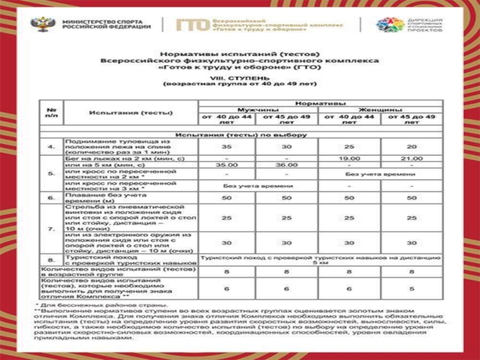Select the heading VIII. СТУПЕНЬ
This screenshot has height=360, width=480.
tap(239, 77)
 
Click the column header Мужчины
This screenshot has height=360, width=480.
tap(258, 110)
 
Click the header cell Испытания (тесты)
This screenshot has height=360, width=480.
tap(131, 112)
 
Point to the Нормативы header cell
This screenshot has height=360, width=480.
tap(320, 103)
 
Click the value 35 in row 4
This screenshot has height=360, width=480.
tap(227, 146)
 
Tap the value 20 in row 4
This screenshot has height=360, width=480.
tap(412, 146)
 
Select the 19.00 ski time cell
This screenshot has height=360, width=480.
tap(349, 158)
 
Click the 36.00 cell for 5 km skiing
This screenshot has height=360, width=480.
tap(287, 164)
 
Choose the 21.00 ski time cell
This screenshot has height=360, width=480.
tap(412, 158)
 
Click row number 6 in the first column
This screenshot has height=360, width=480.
tap(52, 197)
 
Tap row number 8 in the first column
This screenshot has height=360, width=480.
tap(52, 259)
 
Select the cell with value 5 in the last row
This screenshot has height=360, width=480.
tap(412, 288)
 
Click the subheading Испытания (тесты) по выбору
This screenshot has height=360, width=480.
tap(241, 134)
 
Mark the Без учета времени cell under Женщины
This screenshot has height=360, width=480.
tap(380, 173)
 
